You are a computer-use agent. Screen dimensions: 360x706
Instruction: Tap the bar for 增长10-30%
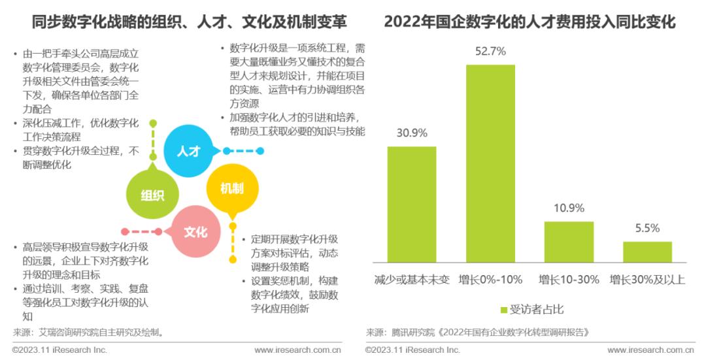click(x=569, y=242)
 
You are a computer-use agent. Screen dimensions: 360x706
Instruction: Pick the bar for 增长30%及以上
click(x=647, y=252)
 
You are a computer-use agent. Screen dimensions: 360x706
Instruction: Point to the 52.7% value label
click(x=490, y=52)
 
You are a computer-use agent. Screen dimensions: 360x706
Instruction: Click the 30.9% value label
click(x=412, y=133)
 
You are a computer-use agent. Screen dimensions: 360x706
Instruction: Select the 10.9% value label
click(x=569, y=208)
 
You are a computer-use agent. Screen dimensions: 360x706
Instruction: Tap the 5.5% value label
click(x=647, y=229)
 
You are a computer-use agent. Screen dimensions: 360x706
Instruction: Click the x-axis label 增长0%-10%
click(x=490, y=280)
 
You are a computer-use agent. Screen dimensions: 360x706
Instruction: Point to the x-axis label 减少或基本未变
click(x=412, y=280)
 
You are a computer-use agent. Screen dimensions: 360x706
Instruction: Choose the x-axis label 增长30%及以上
click(x=647, y=280)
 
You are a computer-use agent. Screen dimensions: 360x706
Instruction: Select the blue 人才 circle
click(x=188, y=150)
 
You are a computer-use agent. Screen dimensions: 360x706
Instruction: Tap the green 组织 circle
click(x=152, y=195)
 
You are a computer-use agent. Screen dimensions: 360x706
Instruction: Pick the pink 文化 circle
click(x=195, y=231)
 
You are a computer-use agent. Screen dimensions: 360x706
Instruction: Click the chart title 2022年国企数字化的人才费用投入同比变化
click(x=529, y=22)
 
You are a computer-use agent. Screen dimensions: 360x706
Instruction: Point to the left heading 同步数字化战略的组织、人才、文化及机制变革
click(x=190, y=22)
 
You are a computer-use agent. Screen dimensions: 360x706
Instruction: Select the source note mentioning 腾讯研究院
click(x=477, y=332)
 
